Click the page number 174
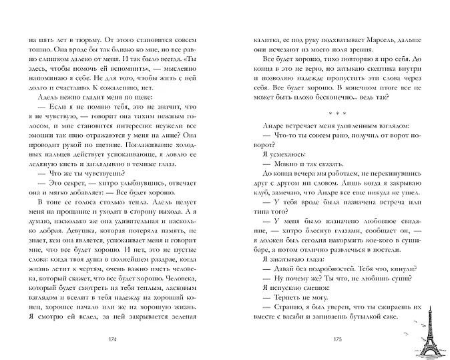pos(111,340)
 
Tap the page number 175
pos(338,340)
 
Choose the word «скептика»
pos(379,69)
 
